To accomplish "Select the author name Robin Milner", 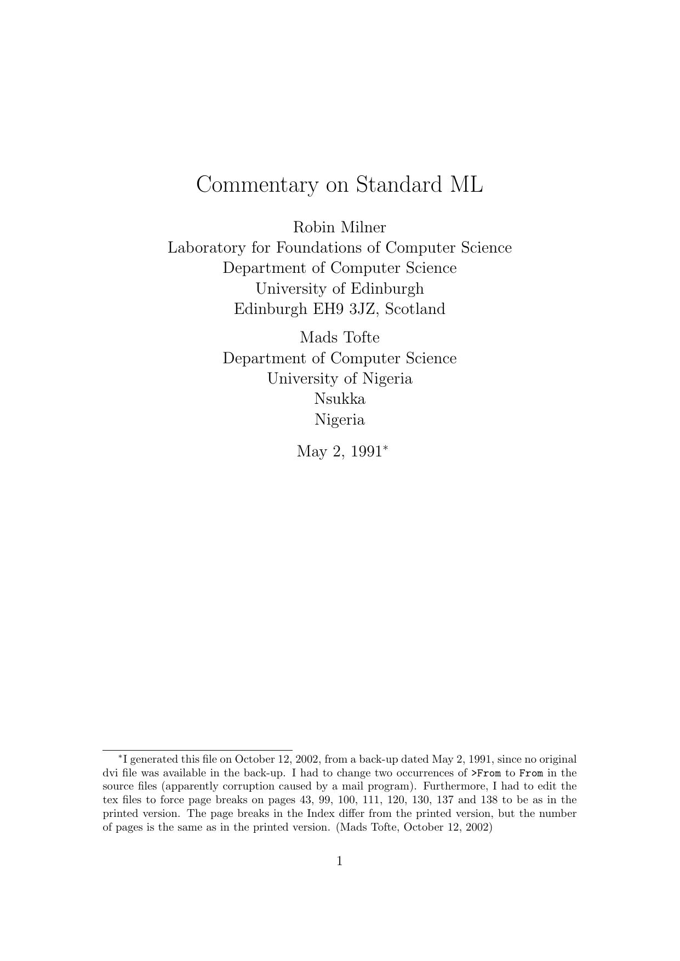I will (340, 227).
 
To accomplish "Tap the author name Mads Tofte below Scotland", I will (340, 338).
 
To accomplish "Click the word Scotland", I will (415, 309).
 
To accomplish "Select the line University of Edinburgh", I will (340, 289).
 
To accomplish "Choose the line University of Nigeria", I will (340, 379).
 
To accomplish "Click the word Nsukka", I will (340, 399).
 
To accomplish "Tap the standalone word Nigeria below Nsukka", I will (340, 420).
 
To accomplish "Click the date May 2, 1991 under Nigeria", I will (339, 452).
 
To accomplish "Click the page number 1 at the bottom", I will (340, 861).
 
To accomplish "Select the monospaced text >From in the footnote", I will (486, 774).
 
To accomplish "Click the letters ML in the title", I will (466, 185).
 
